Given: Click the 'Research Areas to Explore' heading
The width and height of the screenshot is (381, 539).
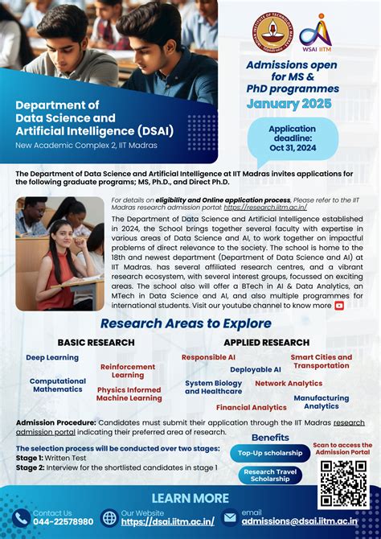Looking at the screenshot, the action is (186, 323).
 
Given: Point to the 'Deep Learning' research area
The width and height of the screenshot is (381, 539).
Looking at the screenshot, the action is (52, 357).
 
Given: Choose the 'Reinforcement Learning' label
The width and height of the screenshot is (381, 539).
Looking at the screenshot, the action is (128, 371).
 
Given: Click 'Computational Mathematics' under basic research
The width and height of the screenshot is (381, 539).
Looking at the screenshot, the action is (58, 385).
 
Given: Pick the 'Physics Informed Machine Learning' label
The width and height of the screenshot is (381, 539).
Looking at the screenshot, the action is (129, 394).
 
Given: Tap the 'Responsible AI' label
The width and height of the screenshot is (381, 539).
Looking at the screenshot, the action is (208, 356).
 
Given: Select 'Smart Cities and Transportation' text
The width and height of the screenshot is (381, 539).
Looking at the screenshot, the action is (321, 361).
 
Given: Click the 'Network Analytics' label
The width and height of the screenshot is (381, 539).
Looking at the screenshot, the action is (289, 384).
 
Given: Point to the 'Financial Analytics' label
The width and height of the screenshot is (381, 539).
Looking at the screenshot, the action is (251, 408).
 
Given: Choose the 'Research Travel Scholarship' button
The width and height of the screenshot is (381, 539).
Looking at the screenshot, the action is (270, 475).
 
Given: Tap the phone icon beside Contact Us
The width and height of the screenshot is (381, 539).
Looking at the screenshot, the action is (21, 518).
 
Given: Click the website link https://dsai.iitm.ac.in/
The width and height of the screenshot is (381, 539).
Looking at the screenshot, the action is (167, 521).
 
